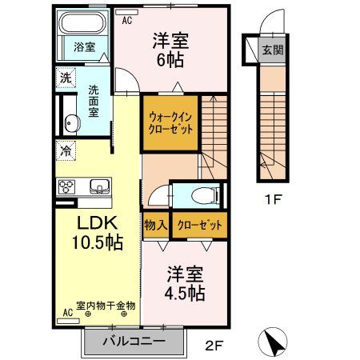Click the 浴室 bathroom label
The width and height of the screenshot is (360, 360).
[x=85, y=46]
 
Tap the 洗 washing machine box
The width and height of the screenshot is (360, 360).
[x=64, y=78]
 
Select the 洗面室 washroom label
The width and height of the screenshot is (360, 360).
[x=94, y=101]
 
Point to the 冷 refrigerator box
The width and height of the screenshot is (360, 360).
[x=64, y=149]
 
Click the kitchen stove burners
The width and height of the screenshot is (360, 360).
[x=66, y=186]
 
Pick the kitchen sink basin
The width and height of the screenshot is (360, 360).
[x=99, y=186]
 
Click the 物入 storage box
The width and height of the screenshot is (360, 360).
[x=154, y=226]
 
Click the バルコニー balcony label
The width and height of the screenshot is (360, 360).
[x=134, y=342]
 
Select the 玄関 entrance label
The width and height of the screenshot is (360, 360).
[x=271, y=50]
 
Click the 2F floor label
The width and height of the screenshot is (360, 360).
[x=212, y=346]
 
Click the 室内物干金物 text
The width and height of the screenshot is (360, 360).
[x=106, y=306]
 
